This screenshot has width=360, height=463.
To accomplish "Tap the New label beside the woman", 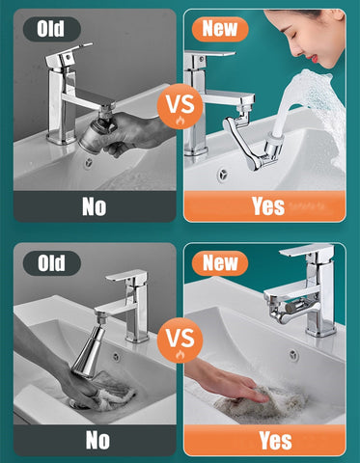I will click(219, 28).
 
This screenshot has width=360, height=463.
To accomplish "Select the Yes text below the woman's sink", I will click(267, 204).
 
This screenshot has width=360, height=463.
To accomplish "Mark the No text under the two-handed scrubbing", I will click(97, 441).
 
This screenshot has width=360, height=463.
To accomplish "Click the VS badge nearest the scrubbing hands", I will click(180, 340).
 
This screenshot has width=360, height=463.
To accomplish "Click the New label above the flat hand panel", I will click(219, 262).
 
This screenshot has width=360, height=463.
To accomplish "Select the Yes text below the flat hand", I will click(274, 441).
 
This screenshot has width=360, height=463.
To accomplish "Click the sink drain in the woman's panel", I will click(223, 175).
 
